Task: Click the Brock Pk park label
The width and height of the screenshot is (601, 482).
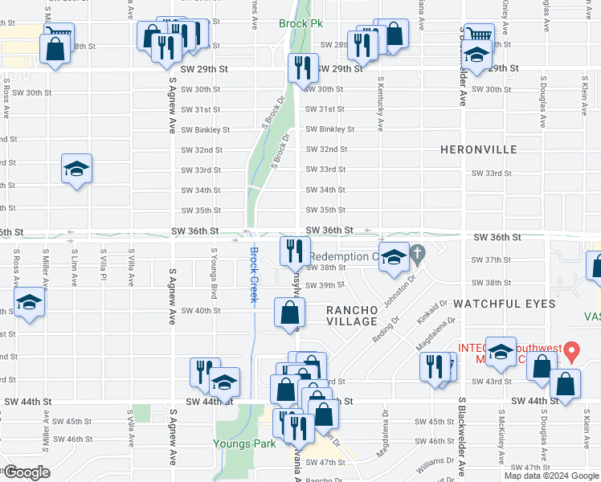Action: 300,24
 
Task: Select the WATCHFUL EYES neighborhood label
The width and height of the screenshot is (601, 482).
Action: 504,304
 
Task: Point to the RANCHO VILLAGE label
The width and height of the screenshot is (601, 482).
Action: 351,316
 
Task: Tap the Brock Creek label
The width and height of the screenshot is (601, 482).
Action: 253,274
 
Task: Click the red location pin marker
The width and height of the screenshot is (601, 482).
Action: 571,350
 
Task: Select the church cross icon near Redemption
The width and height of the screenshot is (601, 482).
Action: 416,256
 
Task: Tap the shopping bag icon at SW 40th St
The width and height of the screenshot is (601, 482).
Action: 290,312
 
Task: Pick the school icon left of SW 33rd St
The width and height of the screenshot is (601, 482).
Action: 77,169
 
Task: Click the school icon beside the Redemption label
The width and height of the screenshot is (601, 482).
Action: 394,257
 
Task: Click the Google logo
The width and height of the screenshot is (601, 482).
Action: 26,472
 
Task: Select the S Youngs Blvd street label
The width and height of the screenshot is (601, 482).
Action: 214,273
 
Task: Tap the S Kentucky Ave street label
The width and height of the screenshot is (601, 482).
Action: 379,108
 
